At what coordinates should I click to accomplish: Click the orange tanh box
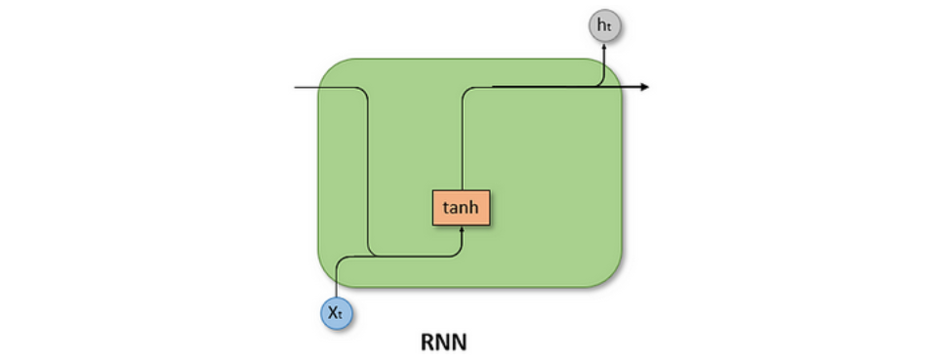coord(461,207)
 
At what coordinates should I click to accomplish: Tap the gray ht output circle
coord(605,26)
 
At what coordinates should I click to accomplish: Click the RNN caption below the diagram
coord(445,342)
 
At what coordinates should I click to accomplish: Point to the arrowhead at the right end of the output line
coord(644,87)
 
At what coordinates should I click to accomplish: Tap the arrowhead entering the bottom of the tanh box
coord(461,230)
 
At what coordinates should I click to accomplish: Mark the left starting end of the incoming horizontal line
coord(296,88)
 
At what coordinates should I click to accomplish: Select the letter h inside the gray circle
coord(602,26)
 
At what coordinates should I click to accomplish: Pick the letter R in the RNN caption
coord(427,342)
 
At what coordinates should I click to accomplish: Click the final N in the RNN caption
coord(463,342)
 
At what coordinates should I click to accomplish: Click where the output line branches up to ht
coord(597,87)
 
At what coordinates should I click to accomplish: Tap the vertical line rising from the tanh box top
coord(461,146)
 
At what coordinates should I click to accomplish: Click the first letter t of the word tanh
coord(445,207)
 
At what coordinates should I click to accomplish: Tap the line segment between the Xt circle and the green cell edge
coord(337,293)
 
